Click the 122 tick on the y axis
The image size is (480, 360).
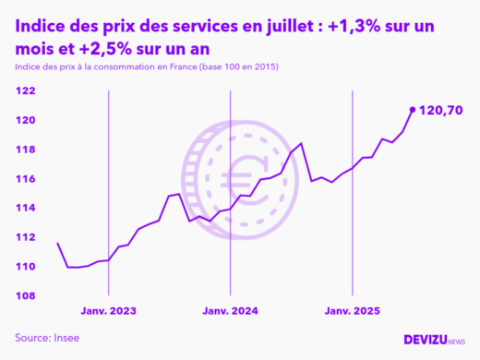[x=25, y=90]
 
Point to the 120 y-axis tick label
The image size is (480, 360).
[x=25, y=120]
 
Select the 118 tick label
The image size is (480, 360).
[x=25, y=150]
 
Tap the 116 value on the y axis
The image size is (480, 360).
[x=25, y=178]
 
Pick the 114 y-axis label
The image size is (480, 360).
[x=25, y=208]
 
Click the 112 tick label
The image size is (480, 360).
[x=25, y=237]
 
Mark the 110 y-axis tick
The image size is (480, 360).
[x=25, y=267]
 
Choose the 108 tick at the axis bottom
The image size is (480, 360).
[x=25, y=295]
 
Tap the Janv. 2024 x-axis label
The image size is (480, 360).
[x=230, y=311]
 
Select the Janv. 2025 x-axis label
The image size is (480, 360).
[x=352, y=311]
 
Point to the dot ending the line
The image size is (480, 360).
[x=412, y=109]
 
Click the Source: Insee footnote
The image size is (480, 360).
[x=47, y=338]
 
